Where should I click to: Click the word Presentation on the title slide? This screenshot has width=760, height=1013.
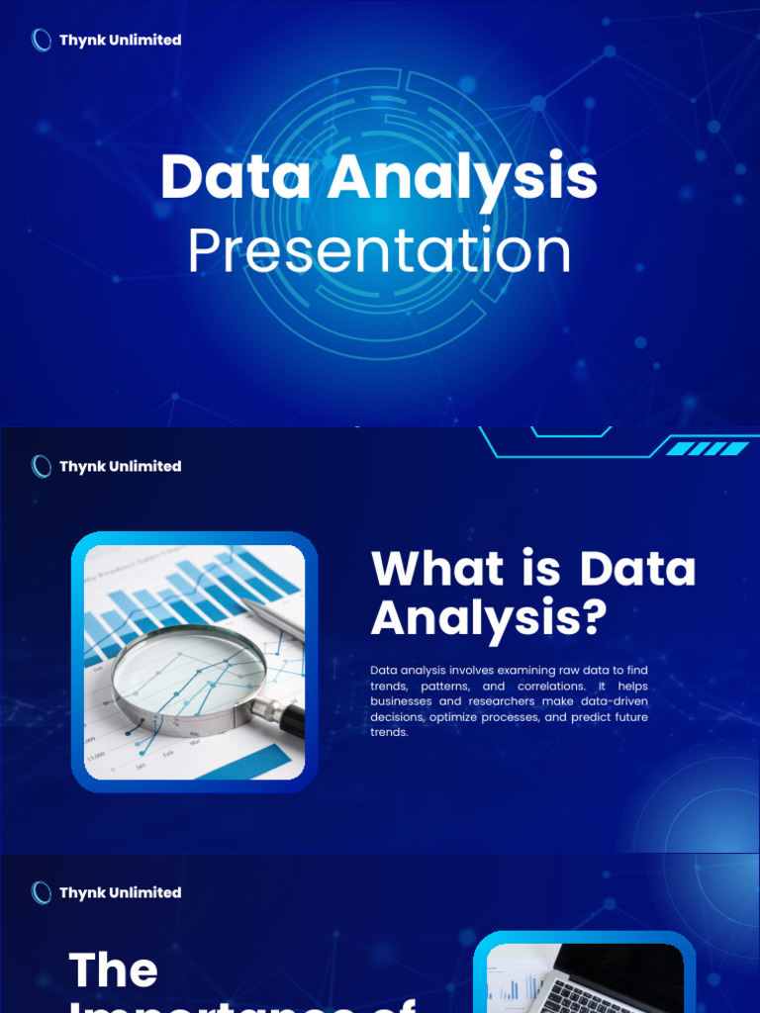point(379,252)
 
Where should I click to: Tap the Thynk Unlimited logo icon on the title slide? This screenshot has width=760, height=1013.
point(42,40)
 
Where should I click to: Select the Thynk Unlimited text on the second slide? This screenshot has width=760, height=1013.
point(120,466)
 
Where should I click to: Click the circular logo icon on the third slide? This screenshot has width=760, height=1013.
point(42,892)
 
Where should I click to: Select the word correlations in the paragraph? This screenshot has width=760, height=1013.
point(548,686)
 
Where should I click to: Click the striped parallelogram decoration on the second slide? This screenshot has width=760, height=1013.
point(707,448)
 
